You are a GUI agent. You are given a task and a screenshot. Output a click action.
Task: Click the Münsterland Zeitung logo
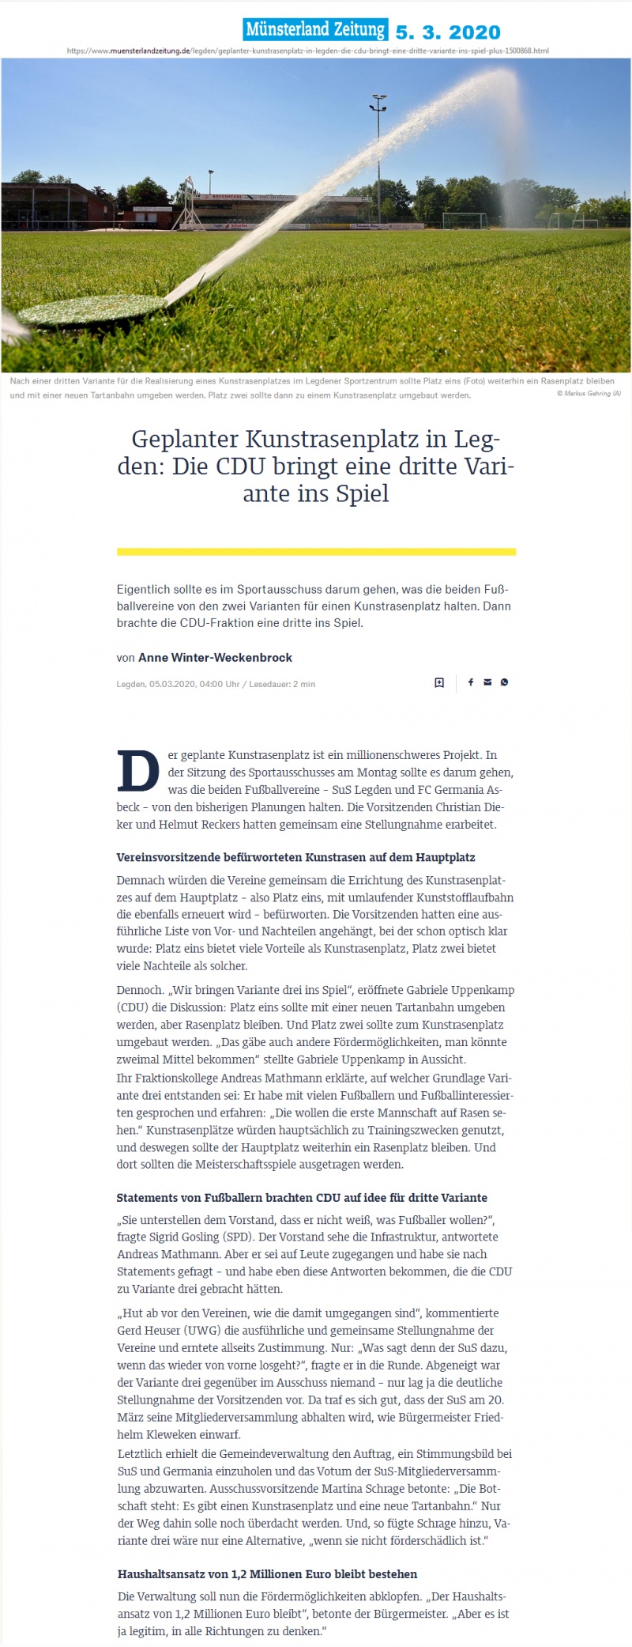[315, 30]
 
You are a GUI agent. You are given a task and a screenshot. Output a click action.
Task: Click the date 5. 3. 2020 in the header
[448, 32]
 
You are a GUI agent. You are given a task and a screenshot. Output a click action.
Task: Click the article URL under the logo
[308, 51]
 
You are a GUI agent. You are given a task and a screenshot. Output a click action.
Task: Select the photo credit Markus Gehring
[589, 394]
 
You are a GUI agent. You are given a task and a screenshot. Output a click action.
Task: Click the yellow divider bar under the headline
[316, 552]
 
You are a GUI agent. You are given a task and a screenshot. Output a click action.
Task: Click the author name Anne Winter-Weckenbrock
[215, 658]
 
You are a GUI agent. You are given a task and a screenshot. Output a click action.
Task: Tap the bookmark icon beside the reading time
[439, 682]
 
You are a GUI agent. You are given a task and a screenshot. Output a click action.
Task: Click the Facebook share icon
[471, 682]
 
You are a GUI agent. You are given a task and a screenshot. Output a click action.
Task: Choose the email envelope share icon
[487, 682]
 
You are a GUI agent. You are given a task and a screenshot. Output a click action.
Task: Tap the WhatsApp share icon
[504, 682]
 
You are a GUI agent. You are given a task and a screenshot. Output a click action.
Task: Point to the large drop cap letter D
[138, 772]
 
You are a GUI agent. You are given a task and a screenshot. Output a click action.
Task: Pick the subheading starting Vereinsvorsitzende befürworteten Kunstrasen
[295, 857]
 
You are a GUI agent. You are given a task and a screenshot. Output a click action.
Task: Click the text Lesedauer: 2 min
[282, 684]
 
